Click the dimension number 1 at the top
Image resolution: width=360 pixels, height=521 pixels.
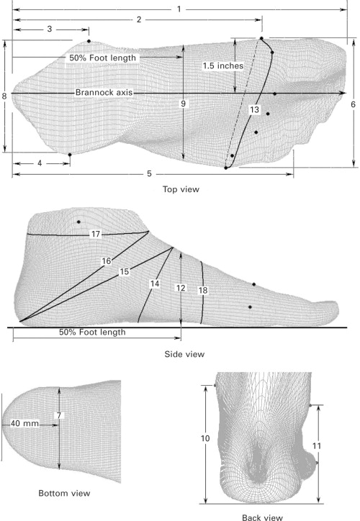tap(179, 9)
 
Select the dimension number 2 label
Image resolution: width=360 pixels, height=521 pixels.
tap(139, 19)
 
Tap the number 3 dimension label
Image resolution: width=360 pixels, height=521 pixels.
tap(50, 30)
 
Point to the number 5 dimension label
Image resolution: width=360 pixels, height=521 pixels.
tap(149, 173)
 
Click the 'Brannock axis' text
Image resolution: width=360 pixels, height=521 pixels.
tap(104, 92)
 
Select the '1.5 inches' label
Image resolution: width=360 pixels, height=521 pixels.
tap(223, 65)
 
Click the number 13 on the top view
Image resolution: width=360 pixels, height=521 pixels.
tap(254, 109)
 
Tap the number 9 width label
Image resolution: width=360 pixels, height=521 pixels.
tap(183, 104)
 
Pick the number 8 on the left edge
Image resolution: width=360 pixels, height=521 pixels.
tap(4, 96)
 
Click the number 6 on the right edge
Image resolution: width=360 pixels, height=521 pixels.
tap(353, 104)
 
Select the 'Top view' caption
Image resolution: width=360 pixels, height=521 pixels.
tap(181, 189)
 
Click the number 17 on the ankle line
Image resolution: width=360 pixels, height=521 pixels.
tap(96, 235)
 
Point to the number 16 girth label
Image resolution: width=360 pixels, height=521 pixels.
tap(106, 261)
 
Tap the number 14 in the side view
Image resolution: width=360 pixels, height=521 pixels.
tap(155, 284)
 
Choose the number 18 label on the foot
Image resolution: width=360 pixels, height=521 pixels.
tap(203, 291)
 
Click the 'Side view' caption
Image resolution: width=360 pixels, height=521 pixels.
tap(184, 354)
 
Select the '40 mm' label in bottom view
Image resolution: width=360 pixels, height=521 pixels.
tap(24, 424)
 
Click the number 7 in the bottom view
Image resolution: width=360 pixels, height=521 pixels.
tap(59, 415)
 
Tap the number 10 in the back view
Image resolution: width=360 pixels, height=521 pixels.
tap(205, 438)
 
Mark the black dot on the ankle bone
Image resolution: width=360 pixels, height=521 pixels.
tap(78, 222)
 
